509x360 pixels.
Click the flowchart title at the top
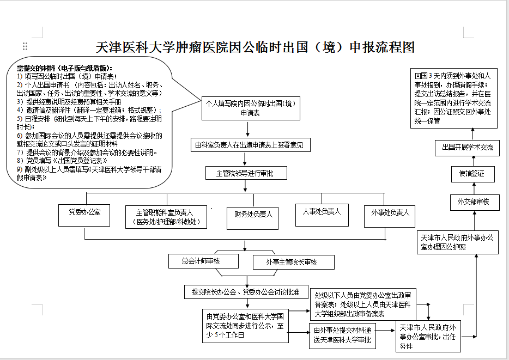[x=255, y=47]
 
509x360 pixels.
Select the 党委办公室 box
[x=84, y=212]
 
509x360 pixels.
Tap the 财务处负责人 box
[x=250, y=215]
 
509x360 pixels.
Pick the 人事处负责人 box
[x=322, y=211]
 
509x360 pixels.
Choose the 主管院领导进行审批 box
[x=245, y=174]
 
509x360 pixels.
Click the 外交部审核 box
[x=473, y=202]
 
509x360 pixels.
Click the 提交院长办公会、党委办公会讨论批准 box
[x=245, y=292]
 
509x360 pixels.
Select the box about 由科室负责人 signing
[x=250, y=145]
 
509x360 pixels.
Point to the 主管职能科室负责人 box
[x=163, y=216]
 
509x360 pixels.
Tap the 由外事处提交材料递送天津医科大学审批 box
[x=342, y=335]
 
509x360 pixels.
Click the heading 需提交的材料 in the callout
[x=63, y=68]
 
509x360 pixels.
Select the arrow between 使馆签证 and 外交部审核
[x=473, y=188]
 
